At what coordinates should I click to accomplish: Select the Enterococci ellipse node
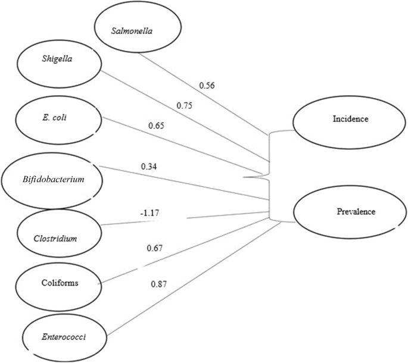coord(55,336)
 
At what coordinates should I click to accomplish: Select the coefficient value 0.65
coord(157,126)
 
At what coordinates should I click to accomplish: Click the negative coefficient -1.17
coord(149,212)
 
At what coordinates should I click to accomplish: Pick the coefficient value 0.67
coord(154,248)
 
